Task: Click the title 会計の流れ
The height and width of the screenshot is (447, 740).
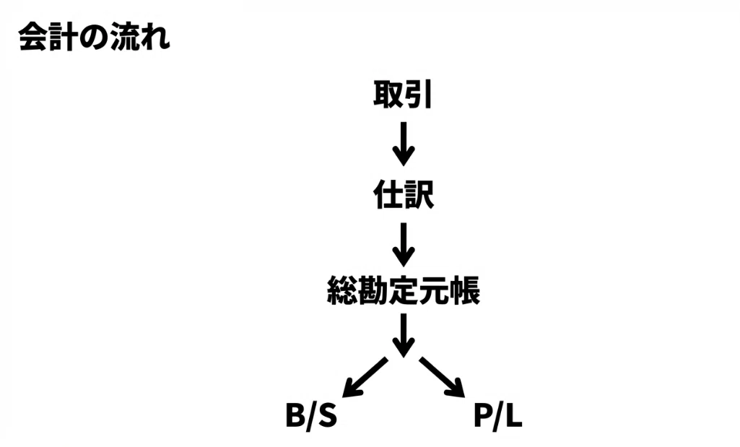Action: point(95,36)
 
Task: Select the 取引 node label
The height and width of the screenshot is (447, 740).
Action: point(403,95)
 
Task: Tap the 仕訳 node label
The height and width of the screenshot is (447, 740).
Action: point(404,194)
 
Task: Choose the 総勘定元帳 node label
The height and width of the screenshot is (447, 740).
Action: point(404,290)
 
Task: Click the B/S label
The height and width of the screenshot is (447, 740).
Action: point(311,416)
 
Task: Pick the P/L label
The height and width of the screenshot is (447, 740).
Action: point(498,416)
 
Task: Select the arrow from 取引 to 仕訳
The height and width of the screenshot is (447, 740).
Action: point(404,144)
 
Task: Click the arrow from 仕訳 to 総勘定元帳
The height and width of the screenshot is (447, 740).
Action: point(404,245)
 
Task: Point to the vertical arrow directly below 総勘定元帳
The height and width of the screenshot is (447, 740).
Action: point(404,336)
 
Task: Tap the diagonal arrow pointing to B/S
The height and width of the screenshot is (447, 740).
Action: point(365,378)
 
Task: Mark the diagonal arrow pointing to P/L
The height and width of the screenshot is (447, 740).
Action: point(442,378)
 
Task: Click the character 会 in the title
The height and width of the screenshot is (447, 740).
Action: point(33,36)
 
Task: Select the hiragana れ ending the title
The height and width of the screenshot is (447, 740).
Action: point(155,37)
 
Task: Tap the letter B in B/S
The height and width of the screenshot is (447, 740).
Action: point(297,416)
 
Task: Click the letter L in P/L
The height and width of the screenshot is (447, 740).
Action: point(513,416)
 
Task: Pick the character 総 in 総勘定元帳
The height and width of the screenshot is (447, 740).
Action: point(341,290)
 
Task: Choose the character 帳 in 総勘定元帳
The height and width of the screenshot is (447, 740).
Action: point(466,290)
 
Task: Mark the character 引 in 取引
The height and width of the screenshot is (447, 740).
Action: point(418,95)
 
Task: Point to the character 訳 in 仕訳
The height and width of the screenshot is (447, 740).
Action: point(419,194)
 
